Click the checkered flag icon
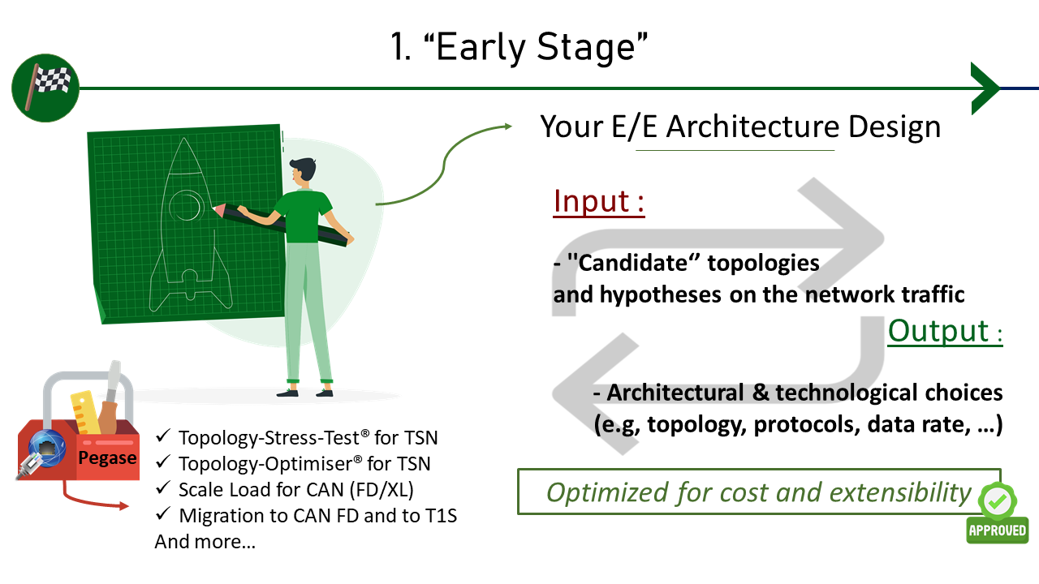(x=45, y=88)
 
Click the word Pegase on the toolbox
(x=107, y=458)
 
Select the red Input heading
(x=599, y=202)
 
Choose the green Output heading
(x=946, y=331)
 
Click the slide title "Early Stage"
(x=519, y=47)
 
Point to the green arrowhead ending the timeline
(x=985, y=88)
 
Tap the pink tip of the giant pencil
(x=218, y=209)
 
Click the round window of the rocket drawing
(x=186, y=206)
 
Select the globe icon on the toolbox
(x=47, y=449)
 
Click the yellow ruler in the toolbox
(x=85, y=413)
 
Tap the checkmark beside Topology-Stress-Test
(x=163, y=436)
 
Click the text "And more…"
(x=205, y=541)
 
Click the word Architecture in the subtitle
(x=752, y=127)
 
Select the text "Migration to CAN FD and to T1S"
(x=318, y=515)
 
